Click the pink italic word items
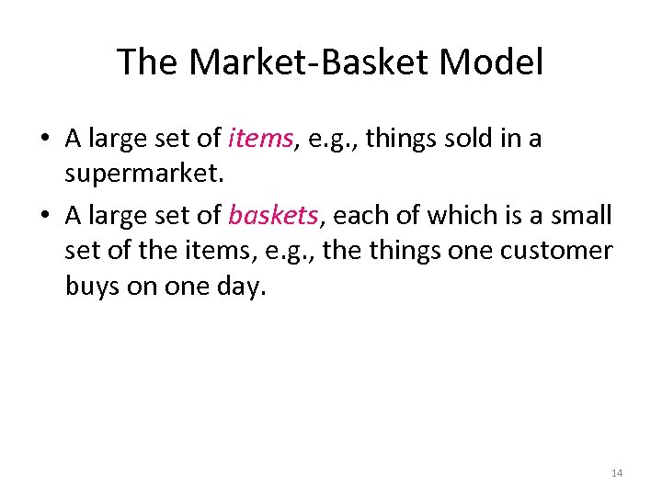tap(260, 139)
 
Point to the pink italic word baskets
tap(273, 215)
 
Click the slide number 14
tap(616, 473)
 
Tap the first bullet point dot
tap(43, 140)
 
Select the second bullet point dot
tap(43, 216)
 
